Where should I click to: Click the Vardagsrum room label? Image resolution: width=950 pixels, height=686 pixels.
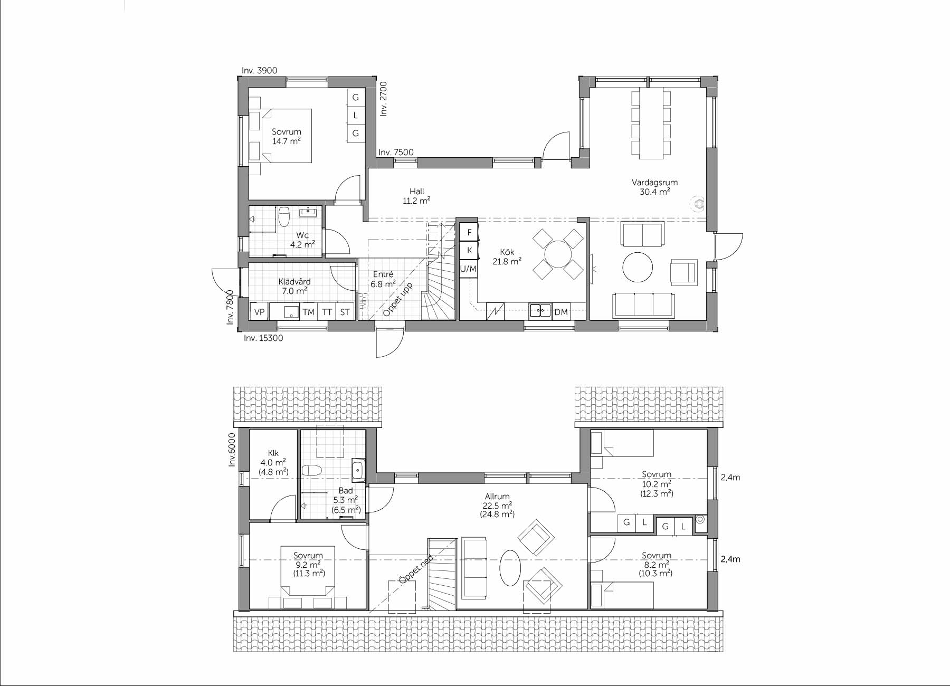pyautogui.click(x=654, y=183)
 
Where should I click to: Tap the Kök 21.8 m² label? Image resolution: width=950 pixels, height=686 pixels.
pyautogui.click(x=507, y=256)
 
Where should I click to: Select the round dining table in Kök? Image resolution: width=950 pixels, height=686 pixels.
pyautogui.click(x=558, y=254)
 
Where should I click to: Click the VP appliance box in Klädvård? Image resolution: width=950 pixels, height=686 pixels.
pyautogui.click(x=259, y=312)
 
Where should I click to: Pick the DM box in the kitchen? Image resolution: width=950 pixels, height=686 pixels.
pyautogui.click(x=561, y=312)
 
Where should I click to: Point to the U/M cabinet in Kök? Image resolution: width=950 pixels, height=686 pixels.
pyautogui.click(x=468, y=269)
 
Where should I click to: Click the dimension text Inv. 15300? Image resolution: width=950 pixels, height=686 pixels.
pyautogui.click(x=263, y=338)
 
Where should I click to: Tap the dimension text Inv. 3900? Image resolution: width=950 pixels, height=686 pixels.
pyautogui.click(x=259, y=71)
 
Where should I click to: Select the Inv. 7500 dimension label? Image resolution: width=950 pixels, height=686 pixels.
pyautogui.click(x=396, y=152)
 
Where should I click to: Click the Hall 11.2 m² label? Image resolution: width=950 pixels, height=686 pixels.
pyautogui.click(x=416, y=196)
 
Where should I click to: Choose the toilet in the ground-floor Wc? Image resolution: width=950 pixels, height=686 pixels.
pyautogui.click(x=284, y=216)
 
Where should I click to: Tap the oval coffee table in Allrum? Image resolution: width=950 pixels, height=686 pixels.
pyautogui.click(x=510, y=568)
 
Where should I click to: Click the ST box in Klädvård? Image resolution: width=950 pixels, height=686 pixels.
pyautogui.click(x=345, y=312)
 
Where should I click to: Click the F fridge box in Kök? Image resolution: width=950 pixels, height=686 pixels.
pyautogui.click(x=469, y=232)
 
